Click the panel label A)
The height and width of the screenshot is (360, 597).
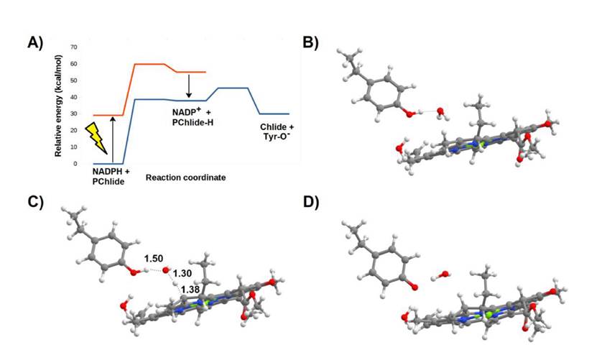35,42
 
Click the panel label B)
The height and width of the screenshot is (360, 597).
311,42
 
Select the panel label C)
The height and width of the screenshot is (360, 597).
35,202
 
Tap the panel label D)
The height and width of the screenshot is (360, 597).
311,202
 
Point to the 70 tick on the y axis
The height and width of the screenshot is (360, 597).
73,47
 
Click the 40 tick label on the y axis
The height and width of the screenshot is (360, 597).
73,97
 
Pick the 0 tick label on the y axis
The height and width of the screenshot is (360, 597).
75,164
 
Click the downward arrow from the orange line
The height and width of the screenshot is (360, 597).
189,86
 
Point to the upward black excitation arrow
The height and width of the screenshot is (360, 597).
113,139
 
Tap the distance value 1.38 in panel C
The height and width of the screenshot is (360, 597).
190,289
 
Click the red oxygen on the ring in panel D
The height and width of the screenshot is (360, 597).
415,285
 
